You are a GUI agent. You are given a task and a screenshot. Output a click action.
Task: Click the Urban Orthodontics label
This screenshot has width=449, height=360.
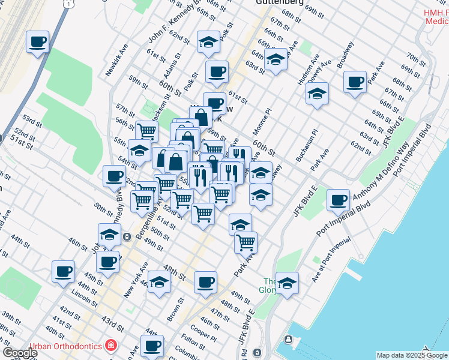[66, 346]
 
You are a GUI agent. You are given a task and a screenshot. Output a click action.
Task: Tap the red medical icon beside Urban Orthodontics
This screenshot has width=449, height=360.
[110, 346]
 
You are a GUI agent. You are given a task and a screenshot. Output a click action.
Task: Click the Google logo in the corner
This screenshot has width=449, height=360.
[20, 353]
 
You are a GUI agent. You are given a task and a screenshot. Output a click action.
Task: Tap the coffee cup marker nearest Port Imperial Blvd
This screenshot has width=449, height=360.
[339, 200]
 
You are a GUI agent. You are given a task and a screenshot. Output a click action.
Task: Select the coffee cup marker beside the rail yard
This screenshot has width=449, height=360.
[38, 42]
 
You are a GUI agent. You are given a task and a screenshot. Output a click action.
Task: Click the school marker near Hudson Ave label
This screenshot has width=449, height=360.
[317, 94]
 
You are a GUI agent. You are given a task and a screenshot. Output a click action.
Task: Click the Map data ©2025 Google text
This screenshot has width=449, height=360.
[411, 355]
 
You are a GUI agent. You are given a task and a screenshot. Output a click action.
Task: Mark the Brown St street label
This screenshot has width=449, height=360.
[175, 310]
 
